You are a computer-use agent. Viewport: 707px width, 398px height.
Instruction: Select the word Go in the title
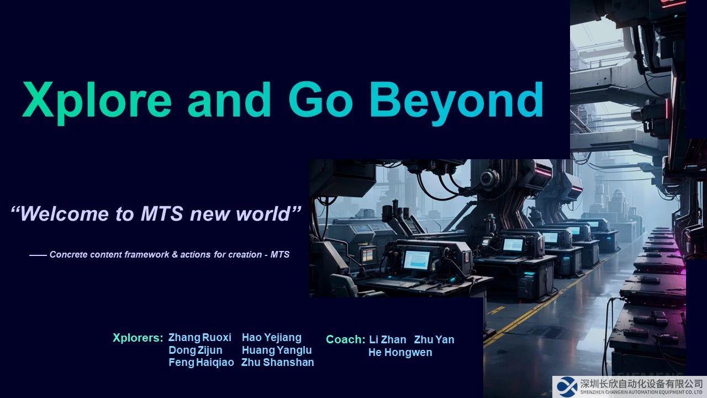pos(320,99)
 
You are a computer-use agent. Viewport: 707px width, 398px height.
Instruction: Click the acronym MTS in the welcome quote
pos(162,214)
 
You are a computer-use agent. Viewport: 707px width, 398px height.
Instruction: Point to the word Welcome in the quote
pos(65,214)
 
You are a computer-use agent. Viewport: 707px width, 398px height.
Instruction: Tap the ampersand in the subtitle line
pos(175,255)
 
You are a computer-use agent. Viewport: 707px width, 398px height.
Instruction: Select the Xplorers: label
pos(138,338)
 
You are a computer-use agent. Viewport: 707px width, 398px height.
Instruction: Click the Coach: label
pos(346,339)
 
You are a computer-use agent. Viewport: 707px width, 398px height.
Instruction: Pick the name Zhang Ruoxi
pos(200,338)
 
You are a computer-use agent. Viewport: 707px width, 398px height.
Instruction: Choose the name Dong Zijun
pos(196,350)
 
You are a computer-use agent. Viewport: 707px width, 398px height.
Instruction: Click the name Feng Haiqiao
pos(202,363)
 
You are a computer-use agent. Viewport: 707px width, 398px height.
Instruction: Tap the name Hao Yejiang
pos(272,338)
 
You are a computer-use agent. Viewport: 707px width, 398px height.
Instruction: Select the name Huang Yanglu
pos(277,350)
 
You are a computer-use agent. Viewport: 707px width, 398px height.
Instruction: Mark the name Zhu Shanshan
pos(278,362)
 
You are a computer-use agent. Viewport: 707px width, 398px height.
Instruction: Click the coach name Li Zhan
pos(388,339)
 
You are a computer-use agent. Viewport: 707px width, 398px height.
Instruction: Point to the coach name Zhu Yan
pos(434,339)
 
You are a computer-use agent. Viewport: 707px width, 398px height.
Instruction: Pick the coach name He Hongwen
pos(400,353)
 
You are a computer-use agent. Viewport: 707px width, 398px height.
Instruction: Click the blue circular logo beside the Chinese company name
pos(567,386)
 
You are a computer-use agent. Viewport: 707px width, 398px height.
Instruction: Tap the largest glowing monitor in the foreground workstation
pos(416,260)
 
